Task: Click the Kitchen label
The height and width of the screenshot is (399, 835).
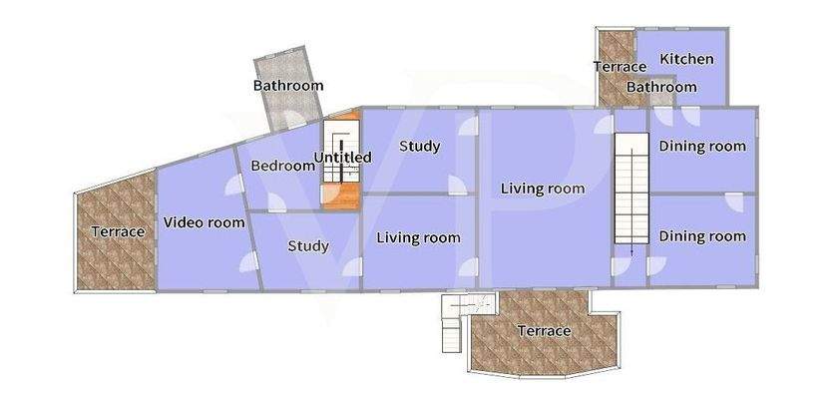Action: click(686, 59)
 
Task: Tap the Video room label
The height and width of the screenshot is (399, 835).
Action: click(204, 222)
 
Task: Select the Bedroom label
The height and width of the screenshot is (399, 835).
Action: click(282, 166)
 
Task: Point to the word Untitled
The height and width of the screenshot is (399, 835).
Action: click(342, 158)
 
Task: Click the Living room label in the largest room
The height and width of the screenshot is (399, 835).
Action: click(542, 188)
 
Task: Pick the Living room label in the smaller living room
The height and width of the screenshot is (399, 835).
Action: click(418, 237)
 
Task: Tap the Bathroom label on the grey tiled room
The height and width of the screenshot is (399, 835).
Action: click(287, 86)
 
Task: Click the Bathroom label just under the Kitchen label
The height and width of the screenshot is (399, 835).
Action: click(661, 88)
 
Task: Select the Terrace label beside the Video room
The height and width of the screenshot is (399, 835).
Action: click(118, 231)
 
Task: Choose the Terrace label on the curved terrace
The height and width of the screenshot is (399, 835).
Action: click(544, 330)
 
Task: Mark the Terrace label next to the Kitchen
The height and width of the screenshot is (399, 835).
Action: click(620, 67)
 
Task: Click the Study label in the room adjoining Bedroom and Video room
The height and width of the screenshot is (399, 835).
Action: click(307, 246)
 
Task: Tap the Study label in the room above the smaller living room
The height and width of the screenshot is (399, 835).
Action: click(419, 147)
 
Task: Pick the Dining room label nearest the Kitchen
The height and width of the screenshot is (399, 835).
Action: click(702, 146)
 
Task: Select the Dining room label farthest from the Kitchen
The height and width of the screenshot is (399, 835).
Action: click(702, 236)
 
